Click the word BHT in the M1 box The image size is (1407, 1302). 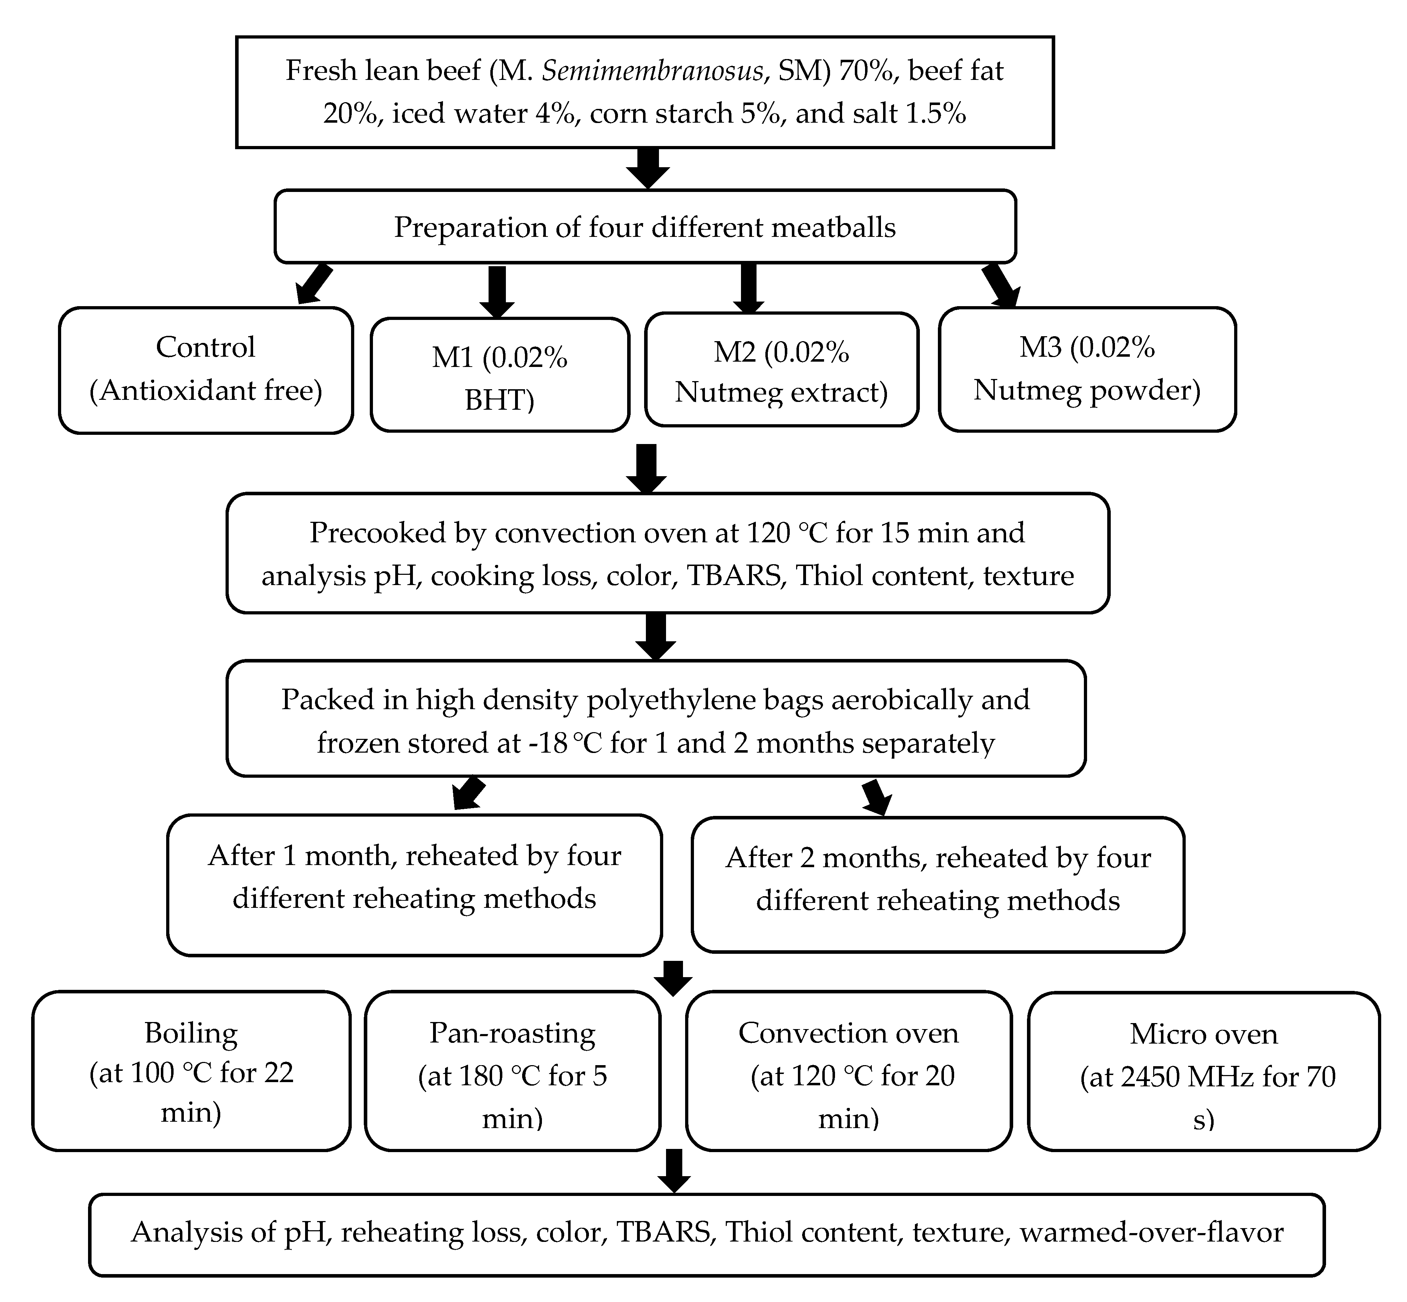click(499, 400)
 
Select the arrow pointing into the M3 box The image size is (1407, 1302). click(1000, 285)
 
